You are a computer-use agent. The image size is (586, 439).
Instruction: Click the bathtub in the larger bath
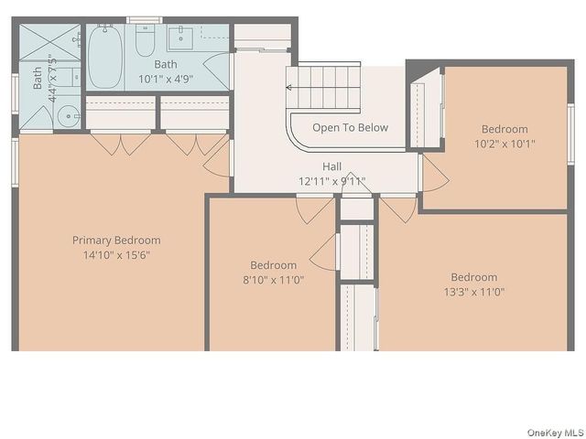[104, 57]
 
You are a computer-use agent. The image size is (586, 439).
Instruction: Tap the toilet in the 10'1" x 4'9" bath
[146, 41]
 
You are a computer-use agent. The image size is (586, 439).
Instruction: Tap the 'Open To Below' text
[350, 128]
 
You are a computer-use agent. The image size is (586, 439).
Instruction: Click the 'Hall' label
[331, 167]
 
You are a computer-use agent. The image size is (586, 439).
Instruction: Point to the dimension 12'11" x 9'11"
[331, 181]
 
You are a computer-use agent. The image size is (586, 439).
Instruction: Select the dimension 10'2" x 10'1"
[505, 144]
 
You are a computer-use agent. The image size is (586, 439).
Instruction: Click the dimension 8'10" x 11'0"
[274, 280]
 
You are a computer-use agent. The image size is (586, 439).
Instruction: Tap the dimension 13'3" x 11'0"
[473, 292]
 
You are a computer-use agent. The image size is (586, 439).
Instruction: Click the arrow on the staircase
[290, 88]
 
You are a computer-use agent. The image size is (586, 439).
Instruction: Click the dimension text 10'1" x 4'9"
[166, 79]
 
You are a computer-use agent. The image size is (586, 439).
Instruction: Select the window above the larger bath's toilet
[144, 19]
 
